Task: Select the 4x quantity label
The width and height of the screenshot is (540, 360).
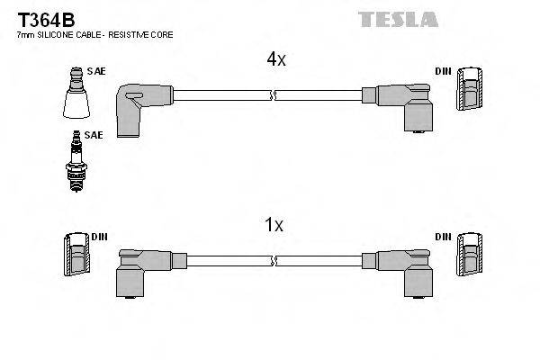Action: click(274, 59)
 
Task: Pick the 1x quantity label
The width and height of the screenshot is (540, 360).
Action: click(274, 227)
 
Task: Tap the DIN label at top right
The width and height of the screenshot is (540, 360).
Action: click(444, 70)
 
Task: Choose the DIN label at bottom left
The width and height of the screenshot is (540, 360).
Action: click(99, 237)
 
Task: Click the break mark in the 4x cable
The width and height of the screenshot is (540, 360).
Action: click(272, 94)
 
